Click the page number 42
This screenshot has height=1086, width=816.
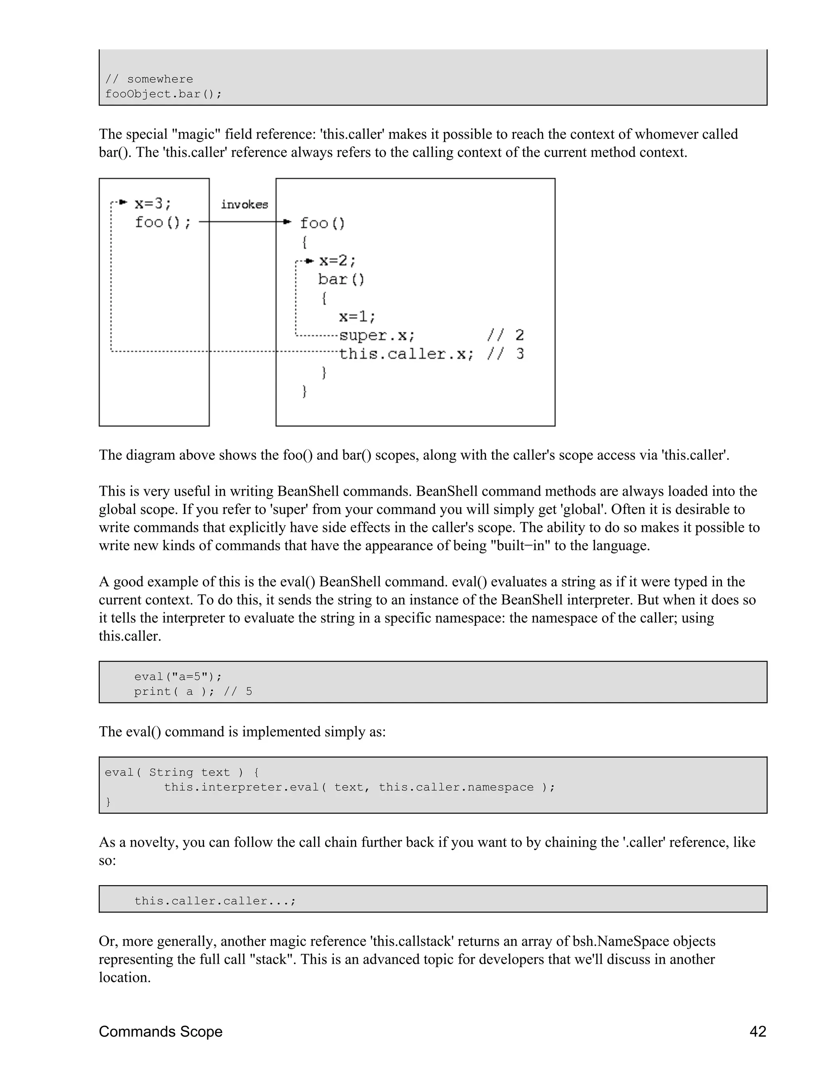point(757,1031)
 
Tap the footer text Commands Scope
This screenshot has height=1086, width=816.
point(161,1031)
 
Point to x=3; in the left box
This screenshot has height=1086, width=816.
point(153,203)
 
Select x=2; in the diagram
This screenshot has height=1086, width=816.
point(338,260)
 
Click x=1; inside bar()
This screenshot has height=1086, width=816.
point(357,316)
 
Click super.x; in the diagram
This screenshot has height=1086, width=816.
point(377,335)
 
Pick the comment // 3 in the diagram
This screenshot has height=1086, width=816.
point(506,354)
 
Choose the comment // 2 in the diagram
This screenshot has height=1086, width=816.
point(506,335)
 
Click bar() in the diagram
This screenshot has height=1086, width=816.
point(341,279)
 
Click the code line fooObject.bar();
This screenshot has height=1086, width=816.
point(163,94)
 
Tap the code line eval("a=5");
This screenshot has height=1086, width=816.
point(178,676)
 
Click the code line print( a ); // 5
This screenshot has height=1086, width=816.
point(193,691)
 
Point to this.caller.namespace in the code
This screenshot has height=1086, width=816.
point(456,787)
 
